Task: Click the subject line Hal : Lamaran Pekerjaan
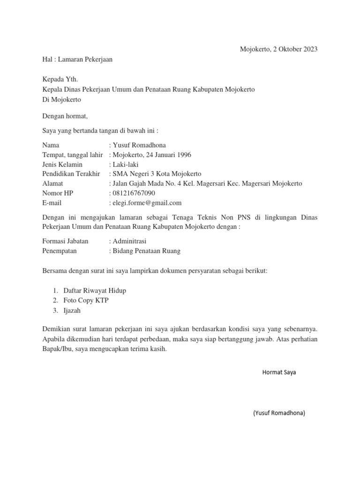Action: tap(77, 60)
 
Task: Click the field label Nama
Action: tap(51, 145)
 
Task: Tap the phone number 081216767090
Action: tap(134, 193)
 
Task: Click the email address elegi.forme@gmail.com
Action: tap(147, 203)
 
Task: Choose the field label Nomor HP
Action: tap(58, 193)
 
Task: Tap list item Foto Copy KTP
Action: tap(82, 300)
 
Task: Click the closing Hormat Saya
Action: tap(279, 373)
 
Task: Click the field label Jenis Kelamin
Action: tap(62, 165)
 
